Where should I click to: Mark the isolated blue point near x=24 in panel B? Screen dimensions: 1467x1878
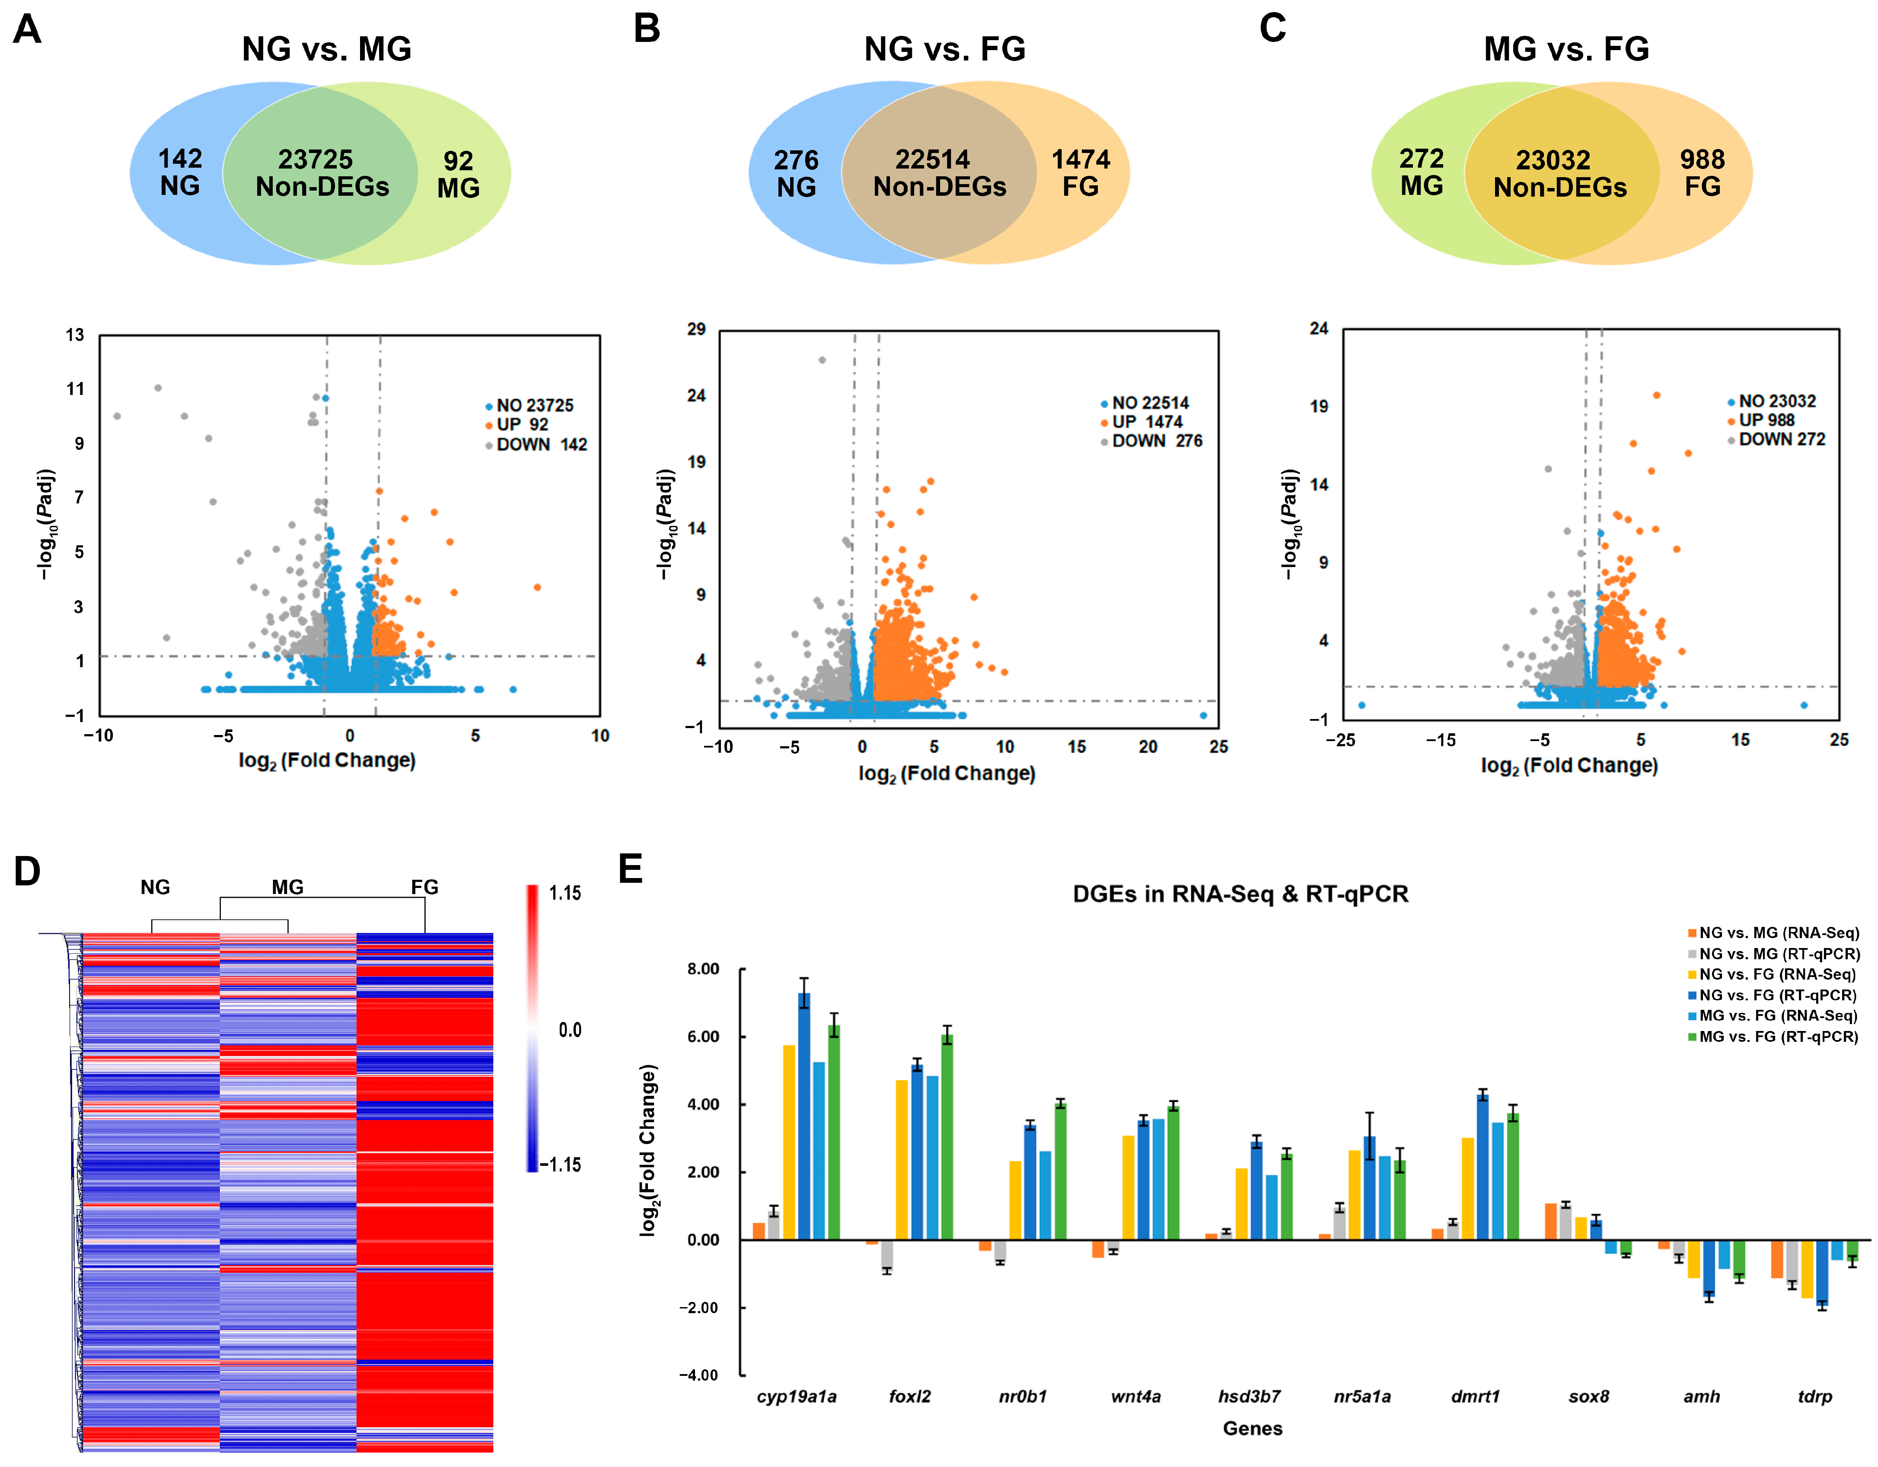pyautogui.click(x=1203, y=716)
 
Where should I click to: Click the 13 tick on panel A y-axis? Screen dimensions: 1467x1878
pyautogui.click(x=76, y=334)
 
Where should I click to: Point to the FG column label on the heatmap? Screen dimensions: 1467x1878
pyautogui.click(x=425, y=887)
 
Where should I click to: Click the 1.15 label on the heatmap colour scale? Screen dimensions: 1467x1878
pyautogui.click(x=565, y=894)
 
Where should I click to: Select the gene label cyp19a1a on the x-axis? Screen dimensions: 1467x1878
pyautogui.click(x=796, y=1397)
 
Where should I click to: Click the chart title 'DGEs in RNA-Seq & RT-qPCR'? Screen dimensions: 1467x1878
pyautogui.click(x=1240, y=894)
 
